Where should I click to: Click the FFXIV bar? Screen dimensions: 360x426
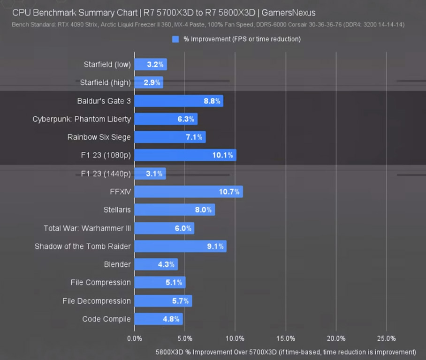coord(188,192)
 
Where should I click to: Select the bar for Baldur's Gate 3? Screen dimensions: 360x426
coord(178,101)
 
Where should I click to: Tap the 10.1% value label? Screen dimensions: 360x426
coord(222,155)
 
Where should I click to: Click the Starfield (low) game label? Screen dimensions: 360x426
coord(107,65)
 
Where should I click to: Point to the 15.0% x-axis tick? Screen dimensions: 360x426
coord(285,338)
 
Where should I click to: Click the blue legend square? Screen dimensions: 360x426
coord(175,39)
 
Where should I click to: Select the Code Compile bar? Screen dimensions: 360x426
coord(158,319)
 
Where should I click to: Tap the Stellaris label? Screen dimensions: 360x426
coord(117,210)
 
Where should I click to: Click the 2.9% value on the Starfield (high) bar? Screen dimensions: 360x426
coord(152,82)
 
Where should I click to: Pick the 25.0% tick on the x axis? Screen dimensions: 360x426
coord(386,338)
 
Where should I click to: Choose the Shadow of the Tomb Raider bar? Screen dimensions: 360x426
coord(180,246)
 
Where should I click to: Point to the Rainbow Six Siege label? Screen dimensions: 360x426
coord(99,137)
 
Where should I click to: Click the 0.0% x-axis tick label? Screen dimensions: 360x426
coord(135,338)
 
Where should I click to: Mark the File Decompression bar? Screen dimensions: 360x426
coord(163,301)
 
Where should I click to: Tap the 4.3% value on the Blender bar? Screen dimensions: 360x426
coord(166,264)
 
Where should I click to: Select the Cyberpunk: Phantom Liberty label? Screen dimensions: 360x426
coord(82,119)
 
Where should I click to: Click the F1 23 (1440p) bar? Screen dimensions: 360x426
coord(150,173)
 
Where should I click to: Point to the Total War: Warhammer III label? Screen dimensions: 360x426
coord(87,228)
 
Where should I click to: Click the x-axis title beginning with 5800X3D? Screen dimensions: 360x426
coord(286,352)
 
